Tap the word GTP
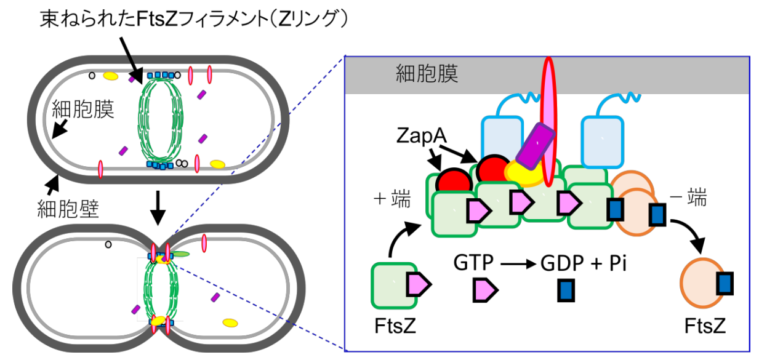473,264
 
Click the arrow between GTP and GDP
518,265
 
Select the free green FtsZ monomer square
394,284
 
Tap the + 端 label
392,200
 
